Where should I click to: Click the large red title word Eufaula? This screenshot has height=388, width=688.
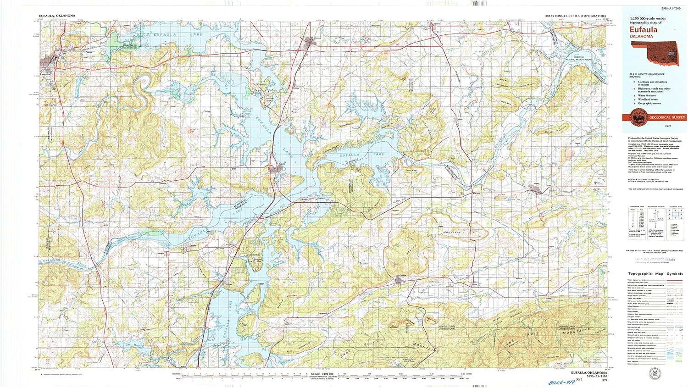click(x=643, y=30)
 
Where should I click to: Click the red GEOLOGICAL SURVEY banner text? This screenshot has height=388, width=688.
click(x=666, y=117)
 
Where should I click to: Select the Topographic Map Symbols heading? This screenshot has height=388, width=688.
click(x=655, y=274)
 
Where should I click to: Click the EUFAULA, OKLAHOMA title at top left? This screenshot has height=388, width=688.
click(x=57, y=16)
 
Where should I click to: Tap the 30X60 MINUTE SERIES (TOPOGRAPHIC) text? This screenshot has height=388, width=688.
click(x=575, y=16)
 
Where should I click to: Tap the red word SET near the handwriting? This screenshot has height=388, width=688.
click(x=579, y=380)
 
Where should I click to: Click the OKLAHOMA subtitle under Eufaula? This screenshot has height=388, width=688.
click(x=641, y=36)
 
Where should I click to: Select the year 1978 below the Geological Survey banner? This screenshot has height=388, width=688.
click(x=668, y=126)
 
